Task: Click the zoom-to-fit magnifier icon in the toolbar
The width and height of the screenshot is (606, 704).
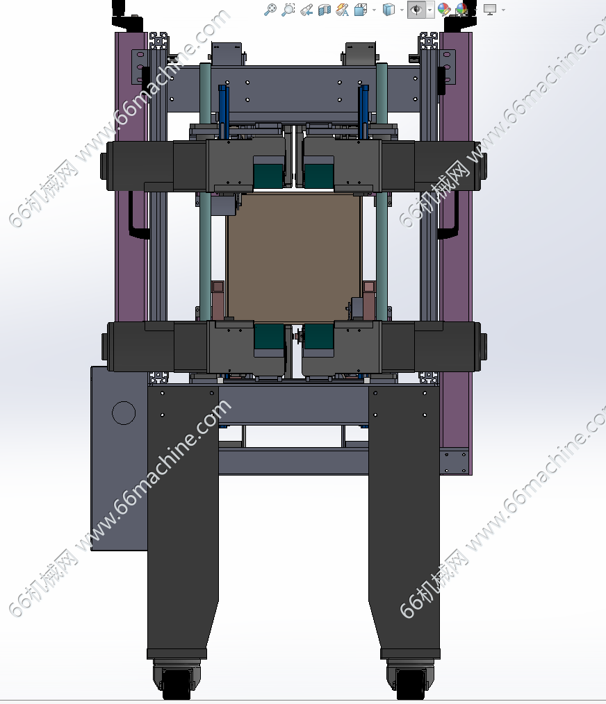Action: click(270, 10)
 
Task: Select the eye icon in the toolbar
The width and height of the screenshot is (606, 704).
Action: click(417, 10)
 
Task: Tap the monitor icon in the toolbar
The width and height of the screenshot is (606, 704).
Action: click(489, 10)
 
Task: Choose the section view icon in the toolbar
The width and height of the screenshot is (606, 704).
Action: click(324, 10)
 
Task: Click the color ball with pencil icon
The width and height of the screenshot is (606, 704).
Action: click(443, 10)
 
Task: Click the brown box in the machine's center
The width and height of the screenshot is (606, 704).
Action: click(294, 258)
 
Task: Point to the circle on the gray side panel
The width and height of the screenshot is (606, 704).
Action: click(124, 412)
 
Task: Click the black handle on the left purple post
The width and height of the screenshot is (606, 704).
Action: click(137, 215)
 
